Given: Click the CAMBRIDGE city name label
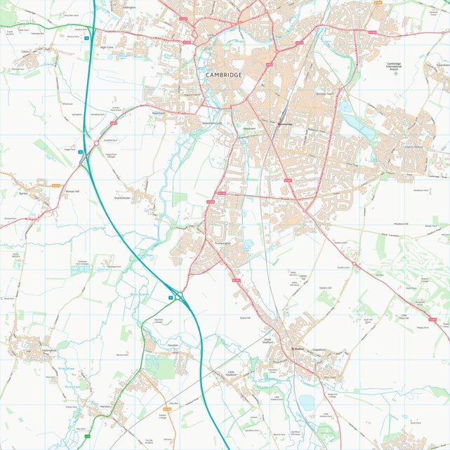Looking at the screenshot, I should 224,74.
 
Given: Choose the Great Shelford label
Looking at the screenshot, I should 267,340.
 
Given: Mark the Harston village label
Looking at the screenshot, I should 106,407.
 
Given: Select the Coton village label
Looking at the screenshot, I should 25,51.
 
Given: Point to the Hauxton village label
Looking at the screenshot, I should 173,345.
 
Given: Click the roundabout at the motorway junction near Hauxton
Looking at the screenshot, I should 180,294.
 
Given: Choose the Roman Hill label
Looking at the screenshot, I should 74,191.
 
